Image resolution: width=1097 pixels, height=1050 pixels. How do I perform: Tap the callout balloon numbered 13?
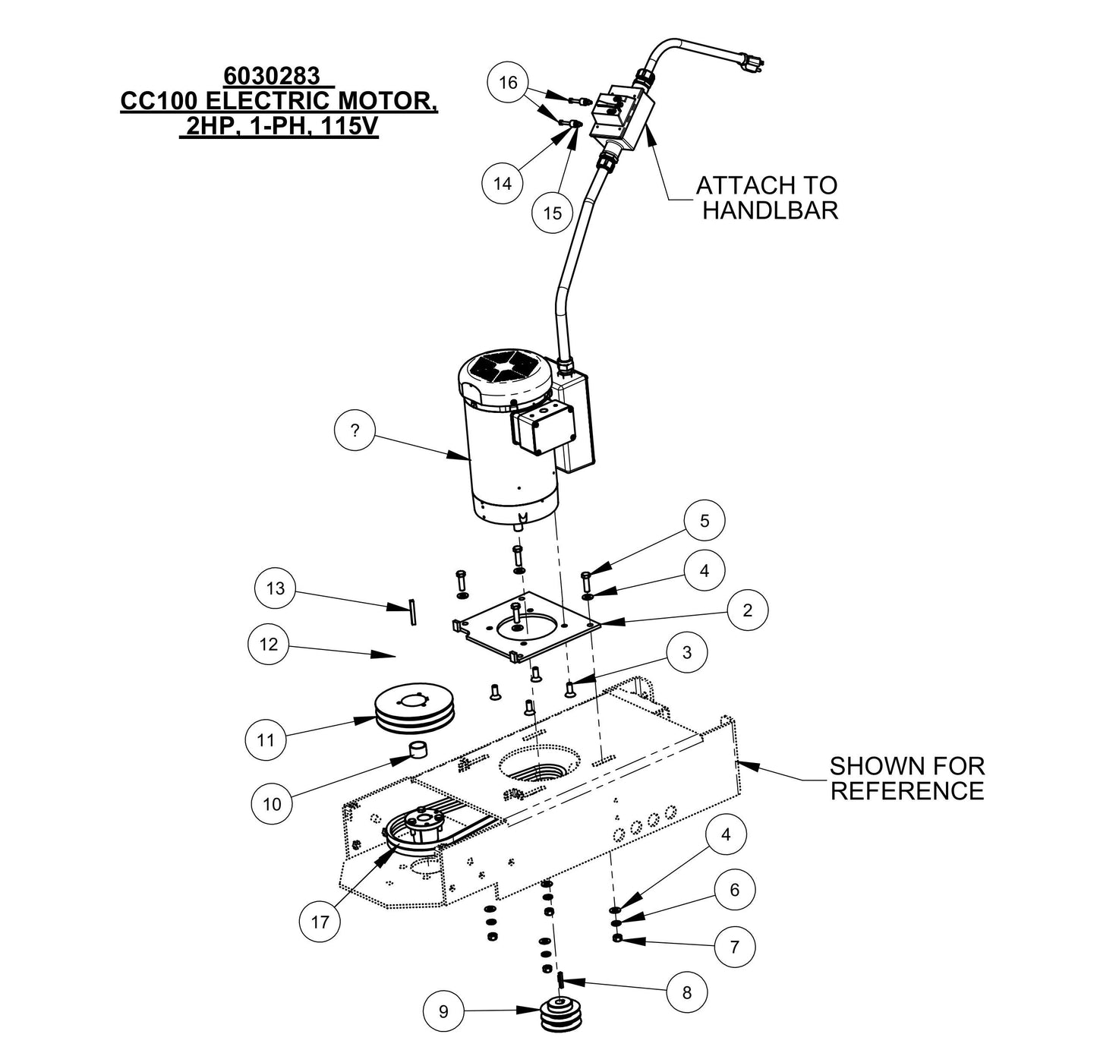[x=276, y=589]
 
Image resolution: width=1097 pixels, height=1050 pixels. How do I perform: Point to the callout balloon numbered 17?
[x=320, y=922]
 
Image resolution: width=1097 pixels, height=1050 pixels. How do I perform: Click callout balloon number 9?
[x=444, y=1011]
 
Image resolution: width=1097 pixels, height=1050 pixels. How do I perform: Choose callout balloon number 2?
[x=747, y=610]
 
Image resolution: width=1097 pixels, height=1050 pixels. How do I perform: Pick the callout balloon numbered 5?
[x=705, y=521]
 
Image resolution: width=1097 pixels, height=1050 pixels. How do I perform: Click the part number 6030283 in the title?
[x=270, y=77]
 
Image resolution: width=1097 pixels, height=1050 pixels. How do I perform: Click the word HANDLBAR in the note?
[x=770, y=210]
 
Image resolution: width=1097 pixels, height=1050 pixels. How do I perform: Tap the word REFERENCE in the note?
[x=906, y=790]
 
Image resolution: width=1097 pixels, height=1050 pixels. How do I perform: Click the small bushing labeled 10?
[x=417, y=750]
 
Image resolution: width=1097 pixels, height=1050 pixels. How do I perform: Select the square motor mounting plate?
[x=524, y=626]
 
